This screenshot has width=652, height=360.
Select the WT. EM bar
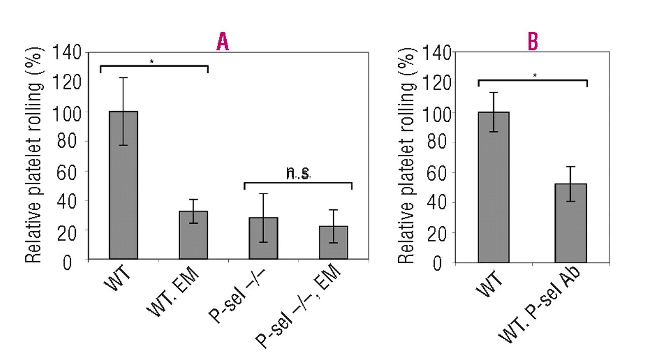193,235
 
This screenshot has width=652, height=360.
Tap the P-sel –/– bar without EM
263,238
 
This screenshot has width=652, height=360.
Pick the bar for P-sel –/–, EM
333,242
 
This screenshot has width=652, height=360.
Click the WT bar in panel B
494,187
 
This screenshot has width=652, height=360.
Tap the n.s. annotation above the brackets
298,174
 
